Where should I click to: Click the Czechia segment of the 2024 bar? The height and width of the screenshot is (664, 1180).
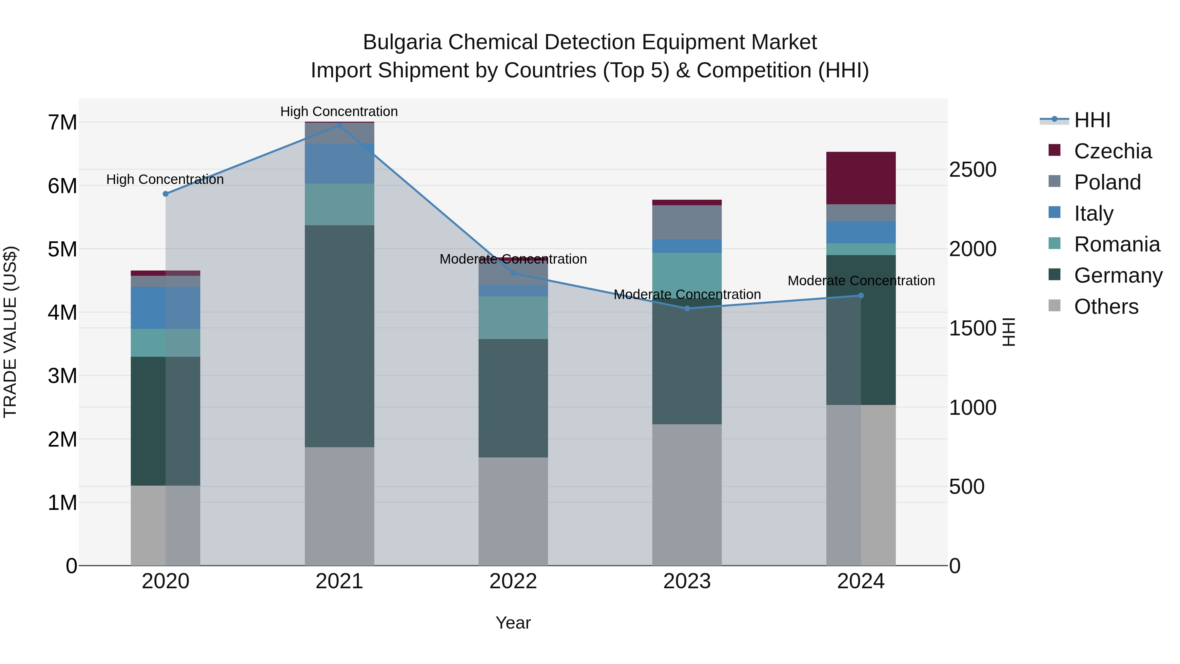(x=860, y=178)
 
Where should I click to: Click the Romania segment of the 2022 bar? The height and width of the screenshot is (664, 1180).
(x=513, y=317)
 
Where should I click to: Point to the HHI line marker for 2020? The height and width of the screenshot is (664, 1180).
(x=166, y=194)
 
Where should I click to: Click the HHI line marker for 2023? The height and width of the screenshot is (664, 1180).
(x=687, y=309)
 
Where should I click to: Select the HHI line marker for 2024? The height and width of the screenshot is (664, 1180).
(x=860, y=295)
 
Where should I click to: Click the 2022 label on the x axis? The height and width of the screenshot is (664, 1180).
(x=513, y=581)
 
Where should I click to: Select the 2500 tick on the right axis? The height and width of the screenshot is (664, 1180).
(x=973, y=170)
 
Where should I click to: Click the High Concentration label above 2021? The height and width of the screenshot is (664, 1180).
(x=339, y=111)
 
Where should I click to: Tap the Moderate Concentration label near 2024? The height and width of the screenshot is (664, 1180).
(x=861, y=280)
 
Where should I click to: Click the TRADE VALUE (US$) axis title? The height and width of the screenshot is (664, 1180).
(x=10, y=332)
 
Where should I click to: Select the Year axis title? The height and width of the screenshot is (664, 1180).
(x=513, y=623)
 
